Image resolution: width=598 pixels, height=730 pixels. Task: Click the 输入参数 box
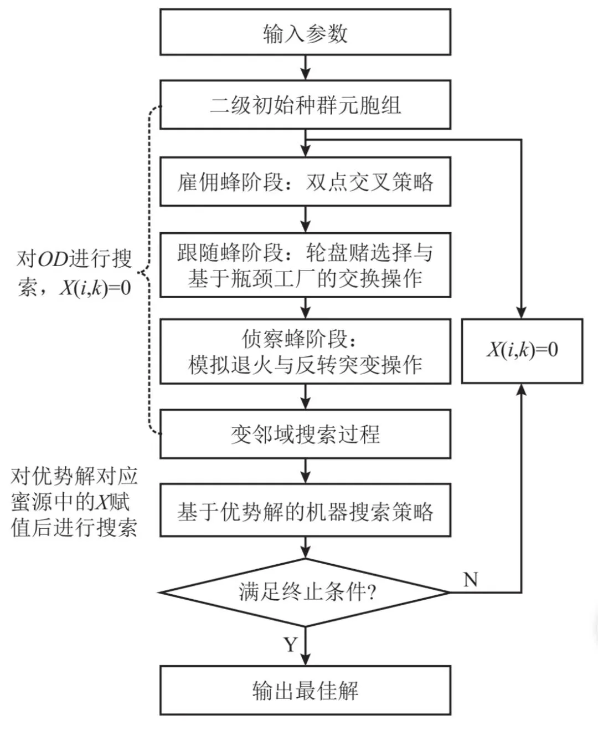[x=305, y=32]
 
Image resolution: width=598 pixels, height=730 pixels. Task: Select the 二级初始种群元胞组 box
[x=305, y=105]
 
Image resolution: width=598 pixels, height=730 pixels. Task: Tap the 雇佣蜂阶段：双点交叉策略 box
[x=305, y=182]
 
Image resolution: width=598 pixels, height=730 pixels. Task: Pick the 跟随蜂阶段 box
[x=305, y=265]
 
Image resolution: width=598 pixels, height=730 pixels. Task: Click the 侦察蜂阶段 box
[x=305, y=351]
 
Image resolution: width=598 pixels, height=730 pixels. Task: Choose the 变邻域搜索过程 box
[x=305, y=434]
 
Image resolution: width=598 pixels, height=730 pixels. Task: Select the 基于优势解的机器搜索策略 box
[x=305, y=511]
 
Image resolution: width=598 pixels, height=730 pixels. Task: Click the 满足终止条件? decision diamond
[x=305, y=593]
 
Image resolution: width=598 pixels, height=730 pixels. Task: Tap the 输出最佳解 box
[x=305, y=691]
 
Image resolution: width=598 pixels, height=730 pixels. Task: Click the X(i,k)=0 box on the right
[x=522, y=351]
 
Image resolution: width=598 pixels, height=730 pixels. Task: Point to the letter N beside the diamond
[x=470, y=580]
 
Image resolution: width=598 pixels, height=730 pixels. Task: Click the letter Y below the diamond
[x=291, y=644]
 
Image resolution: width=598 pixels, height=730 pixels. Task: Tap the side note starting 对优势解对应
[x=74, y=502]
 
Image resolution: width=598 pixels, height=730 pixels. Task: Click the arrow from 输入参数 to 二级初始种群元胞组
[x=305, y=68]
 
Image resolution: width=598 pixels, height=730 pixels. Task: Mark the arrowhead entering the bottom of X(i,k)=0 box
[x=522, y=390]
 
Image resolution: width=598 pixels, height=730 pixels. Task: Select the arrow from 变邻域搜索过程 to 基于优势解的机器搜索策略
[x=305, y=471]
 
